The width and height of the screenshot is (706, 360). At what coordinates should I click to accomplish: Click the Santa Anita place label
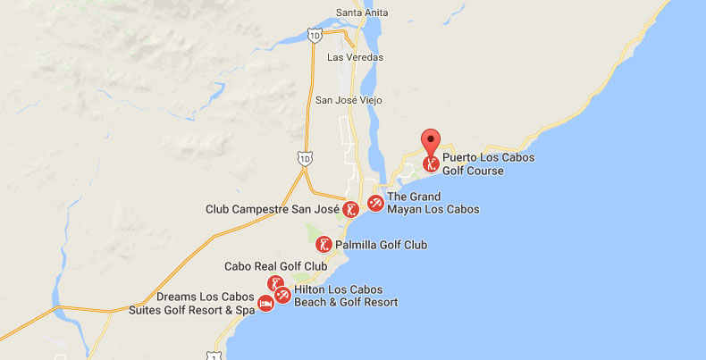pos(360,13)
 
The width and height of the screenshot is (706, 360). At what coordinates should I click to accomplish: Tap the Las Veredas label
pos(355,57)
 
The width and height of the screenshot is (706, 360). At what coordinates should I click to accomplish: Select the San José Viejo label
pos(349,100)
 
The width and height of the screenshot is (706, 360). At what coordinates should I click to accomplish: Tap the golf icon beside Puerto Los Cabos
pos(432,164)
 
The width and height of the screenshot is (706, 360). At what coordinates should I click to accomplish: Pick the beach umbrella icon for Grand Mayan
pos(375,204)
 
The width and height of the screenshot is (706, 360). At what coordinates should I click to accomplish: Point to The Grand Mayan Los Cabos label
pos(433,204)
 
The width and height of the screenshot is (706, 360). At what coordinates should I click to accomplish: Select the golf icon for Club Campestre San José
pos(352,209)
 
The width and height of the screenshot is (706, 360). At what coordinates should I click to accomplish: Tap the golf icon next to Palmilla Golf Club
pos(325,244)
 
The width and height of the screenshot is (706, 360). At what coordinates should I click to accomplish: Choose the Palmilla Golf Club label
pos(382,245)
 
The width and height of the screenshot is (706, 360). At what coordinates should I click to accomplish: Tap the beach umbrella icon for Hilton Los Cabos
pos(282,295)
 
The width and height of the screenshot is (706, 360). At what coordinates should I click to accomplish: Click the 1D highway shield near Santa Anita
pos(314,35)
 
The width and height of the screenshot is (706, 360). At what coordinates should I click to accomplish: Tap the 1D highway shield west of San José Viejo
pos(305,158)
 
